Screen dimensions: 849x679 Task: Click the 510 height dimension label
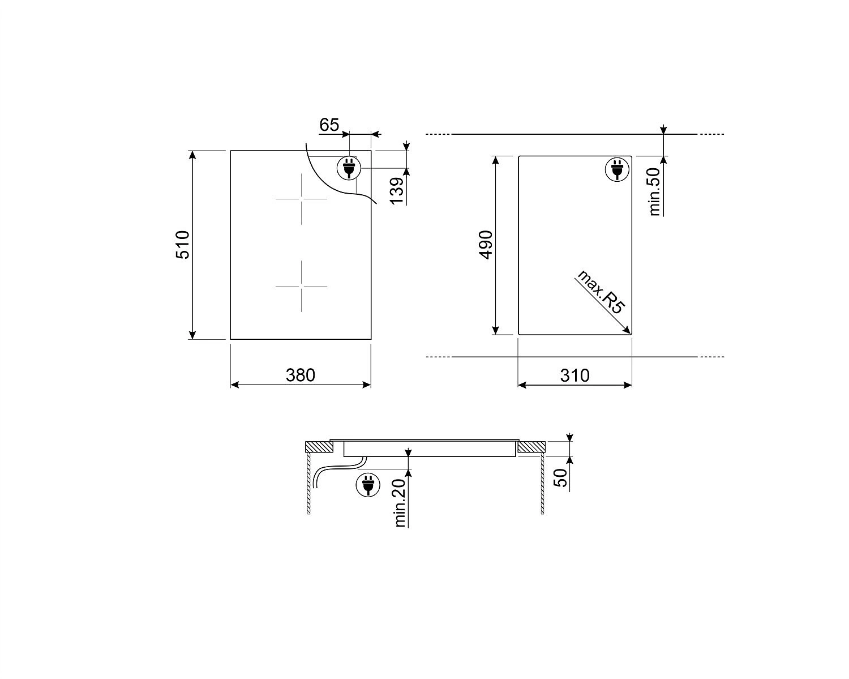183,245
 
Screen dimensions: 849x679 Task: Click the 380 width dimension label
300,375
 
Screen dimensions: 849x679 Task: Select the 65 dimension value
329,125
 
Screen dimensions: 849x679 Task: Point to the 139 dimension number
397,191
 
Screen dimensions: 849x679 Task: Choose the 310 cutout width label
575,375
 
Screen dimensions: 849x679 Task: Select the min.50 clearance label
654,191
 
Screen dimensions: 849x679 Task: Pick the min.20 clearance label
400,503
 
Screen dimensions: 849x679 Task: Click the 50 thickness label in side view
560,478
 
